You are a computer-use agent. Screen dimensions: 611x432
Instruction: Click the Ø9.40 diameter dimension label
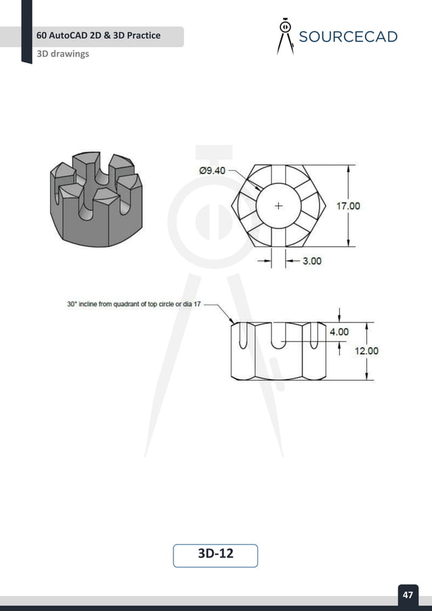click(x=212, y=171)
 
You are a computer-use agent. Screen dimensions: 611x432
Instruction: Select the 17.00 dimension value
click(x=349, y=206)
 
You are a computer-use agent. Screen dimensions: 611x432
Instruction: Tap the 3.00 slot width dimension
click(x=311, y=261)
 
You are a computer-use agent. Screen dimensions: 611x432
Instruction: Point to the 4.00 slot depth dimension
click(x=339, y=332)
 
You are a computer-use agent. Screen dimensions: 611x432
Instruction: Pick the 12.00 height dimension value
click(x=366, y=351)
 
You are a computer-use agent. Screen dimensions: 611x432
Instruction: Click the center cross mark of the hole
click(x=278, y=205)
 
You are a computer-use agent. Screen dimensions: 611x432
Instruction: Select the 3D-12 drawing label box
click(x=215, y=554)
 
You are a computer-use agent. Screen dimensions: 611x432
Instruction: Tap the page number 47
click(x=408, y=595)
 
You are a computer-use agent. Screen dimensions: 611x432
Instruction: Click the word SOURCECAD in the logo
click(x=348, y=37)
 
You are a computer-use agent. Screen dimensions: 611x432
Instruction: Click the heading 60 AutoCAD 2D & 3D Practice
click(x=99, y=35)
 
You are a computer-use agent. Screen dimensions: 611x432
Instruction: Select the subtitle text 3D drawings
click(x=63, y=54)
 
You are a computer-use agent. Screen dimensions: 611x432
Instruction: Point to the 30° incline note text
click(x=134, y=304)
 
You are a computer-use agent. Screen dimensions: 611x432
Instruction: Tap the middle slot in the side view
click(x=278, y=336)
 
